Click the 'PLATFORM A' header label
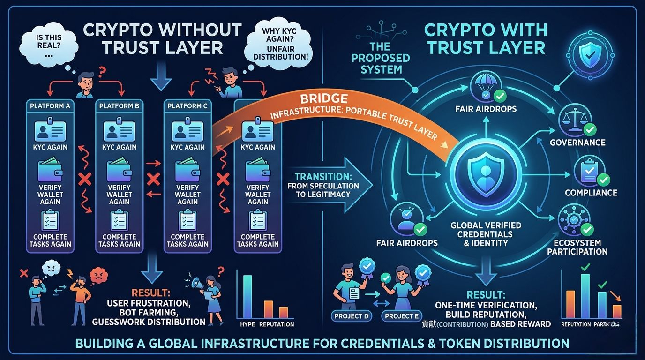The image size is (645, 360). click(50, 106)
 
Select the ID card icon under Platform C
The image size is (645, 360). click(187, 130)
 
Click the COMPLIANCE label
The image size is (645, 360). click(591, 193)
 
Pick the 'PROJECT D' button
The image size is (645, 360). click(352, 316)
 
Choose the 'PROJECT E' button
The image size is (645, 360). click(401, 316)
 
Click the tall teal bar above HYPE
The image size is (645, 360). click(247, 297)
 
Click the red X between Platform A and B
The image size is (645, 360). click(85, 179)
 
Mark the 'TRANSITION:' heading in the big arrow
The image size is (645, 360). click(323, 177)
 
